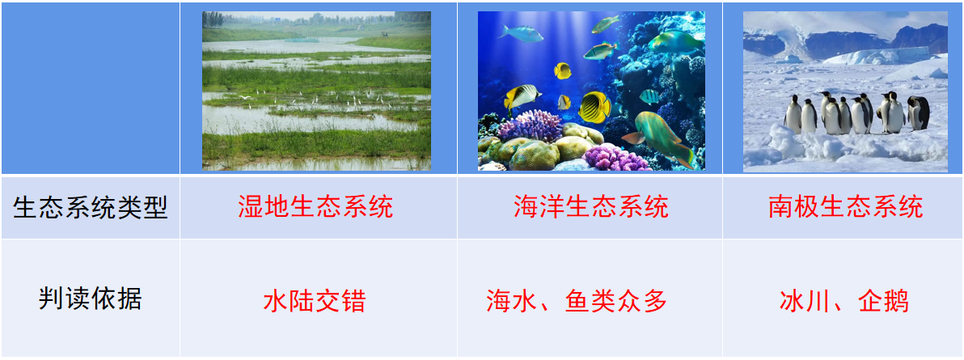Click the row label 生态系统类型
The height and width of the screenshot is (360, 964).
coord(90,207)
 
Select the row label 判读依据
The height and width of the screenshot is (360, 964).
coord(90,299)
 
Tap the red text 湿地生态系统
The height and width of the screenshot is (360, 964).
coord(315,206)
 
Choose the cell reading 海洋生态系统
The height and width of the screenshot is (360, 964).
coord(591,206)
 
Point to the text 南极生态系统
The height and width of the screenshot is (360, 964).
coord(845,206)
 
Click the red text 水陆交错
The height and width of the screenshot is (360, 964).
coord(315,302)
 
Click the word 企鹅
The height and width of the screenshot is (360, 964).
coord(885,302)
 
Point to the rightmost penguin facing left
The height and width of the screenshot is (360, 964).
coord(919,112)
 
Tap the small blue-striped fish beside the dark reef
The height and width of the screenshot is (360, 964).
coord(649,97)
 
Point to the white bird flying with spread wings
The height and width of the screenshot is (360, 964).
coord(246,98)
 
